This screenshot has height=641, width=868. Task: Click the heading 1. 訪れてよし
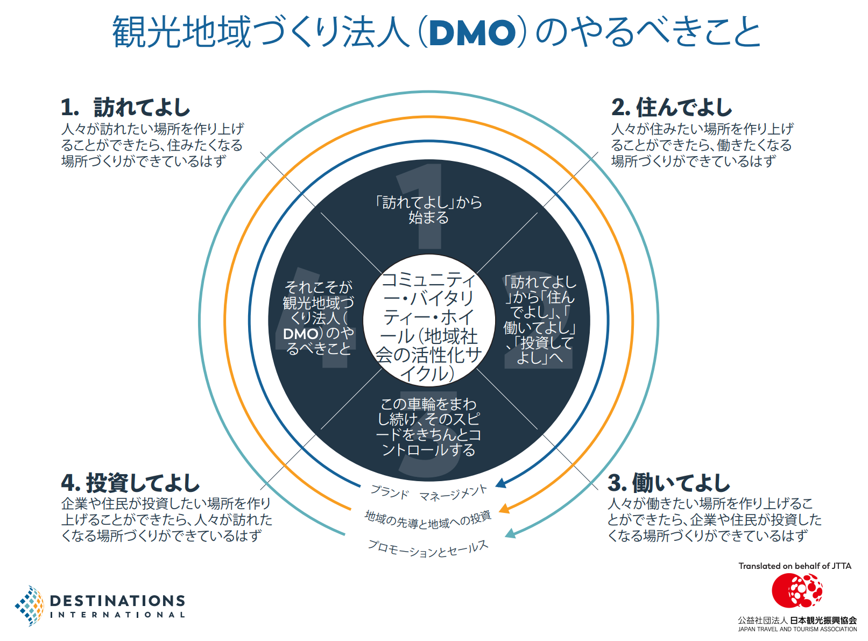pos(125,108)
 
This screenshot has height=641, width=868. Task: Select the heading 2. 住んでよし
pos(671,108)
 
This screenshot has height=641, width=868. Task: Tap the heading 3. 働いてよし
pos(668,483)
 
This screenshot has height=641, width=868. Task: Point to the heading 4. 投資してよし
pos(130,483)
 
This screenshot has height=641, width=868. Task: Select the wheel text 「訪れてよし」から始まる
pos(429,210)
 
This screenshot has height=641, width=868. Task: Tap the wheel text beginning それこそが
pos(319,318)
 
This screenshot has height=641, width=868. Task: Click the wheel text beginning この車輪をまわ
pos(429,426)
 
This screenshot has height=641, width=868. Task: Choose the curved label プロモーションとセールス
pos(428,549)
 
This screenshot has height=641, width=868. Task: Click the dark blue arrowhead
pos(501,483)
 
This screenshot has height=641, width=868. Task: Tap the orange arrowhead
pos(504,508)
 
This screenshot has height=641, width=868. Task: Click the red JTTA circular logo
pos(796,590)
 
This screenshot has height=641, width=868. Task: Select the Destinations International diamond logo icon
pos(30,606)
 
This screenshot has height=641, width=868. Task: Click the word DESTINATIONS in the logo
pos(117,601)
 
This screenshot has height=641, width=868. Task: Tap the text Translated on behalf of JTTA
pos(795,566)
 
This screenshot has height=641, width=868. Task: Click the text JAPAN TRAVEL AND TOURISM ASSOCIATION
pos(797,629)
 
